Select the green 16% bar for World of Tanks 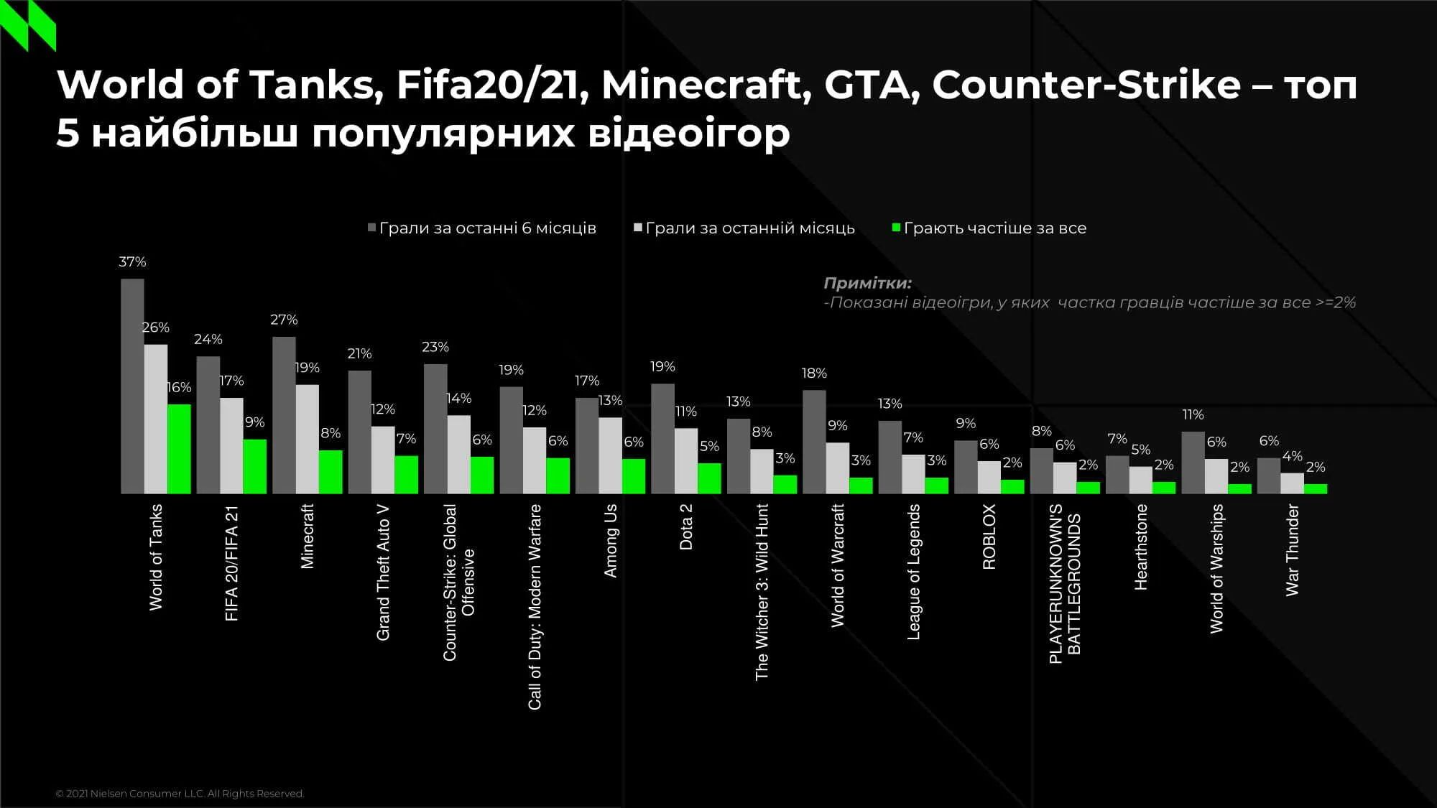point(179,449)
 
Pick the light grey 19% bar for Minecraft point(308,439)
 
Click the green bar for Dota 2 point(709,478)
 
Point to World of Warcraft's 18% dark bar point(814,442)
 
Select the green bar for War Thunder point(1316,489)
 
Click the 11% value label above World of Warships point(1193,414)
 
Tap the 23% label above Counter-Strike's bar point(435,347)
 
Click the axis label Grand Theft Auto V point(383,572)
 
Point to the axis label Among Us point(610,540)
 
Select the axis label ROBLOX point(989,537)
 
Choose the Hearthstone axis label point(1141,547)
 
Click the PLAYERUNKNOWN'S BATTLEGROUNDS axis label point(1064,583)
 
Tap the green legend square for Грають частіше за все point(896,228)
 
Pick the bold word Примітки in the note point(867,283)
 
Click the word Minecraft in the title point(701,84)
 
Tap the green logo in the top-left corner point(27,25)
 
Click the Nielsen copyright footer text point(180,794)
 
